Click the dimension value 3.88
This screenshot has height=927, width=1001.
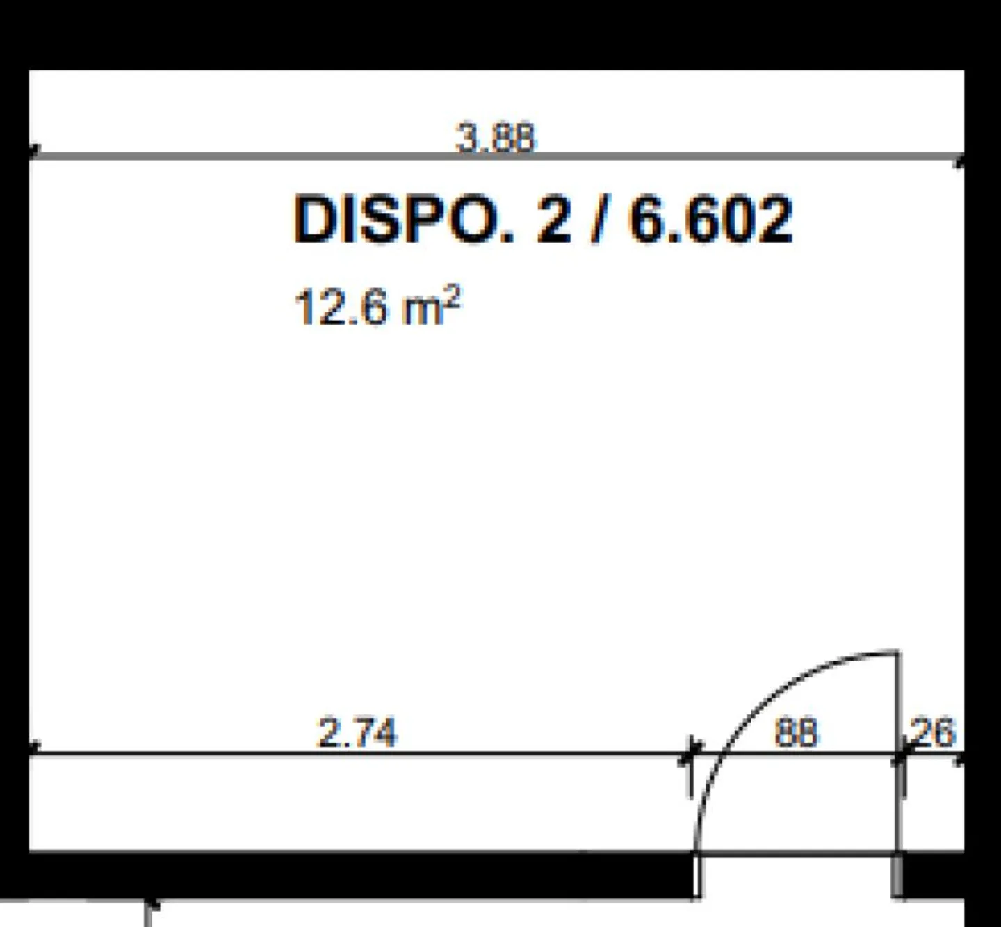[x=494, y=138]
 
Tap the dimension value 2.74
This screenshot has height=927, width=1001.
[x=357, y=732]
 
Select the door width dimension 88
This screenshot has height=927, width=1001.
[x=797, y=732]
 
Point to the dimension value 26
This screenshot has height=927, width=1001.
[x=933, y=732]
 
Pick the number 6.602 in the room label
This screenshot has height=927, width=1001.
[x=710, y=220]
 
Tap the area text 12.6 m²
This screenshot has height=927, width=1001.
[x=377, y=306]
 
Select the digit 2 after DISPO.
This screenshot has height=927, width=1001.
[x=554, y=220]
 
